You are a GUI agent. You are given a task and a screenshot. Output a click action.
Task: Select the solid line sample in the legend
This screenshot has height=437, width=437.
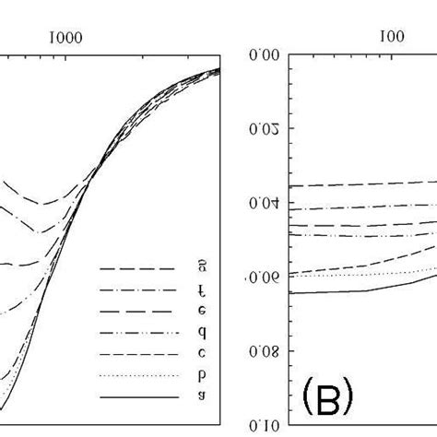(138, 397)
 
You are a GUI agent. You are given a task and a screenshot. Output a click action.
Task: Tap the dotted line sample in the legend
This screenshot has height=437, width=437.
(138, 376)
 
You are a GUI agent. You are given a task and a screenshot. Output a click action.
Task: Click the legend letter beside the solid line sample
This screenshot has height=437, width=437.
(202, 397)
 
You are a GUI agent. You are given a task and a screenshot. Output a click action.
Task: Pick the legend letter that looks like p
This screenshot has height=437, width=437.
(202, 376)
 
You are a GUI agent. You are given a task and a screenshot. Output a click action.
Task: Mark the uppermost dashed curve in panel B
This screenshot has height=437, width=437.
(369, 184)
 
